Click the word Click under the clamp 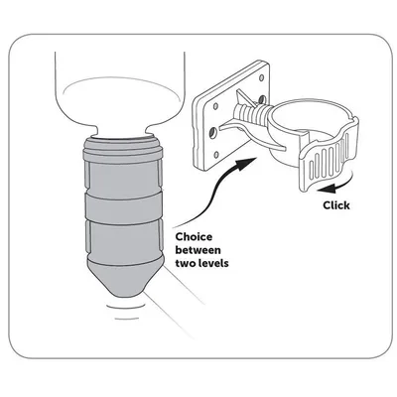[x=336, y=205]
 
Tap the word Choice [x=194, y=237]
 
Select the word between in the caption [x=198, y=250]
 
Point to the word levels [x=211, y=263]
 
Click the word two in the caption [x=184, y=264]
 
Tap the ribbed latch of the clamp [x=329, y=162]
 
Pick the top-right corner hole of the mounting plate [x=262, y=78]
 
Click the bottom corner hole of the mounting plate [x=216, y=154]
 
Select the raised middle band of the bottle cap [x=124, y=207]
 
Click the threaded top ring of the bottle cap [x=123, y=148]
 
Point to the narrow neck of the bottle [x=122, y=131]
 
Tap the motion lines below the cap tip [x=125, y=311]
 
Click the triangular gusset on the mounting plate [x=245, y=98]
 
